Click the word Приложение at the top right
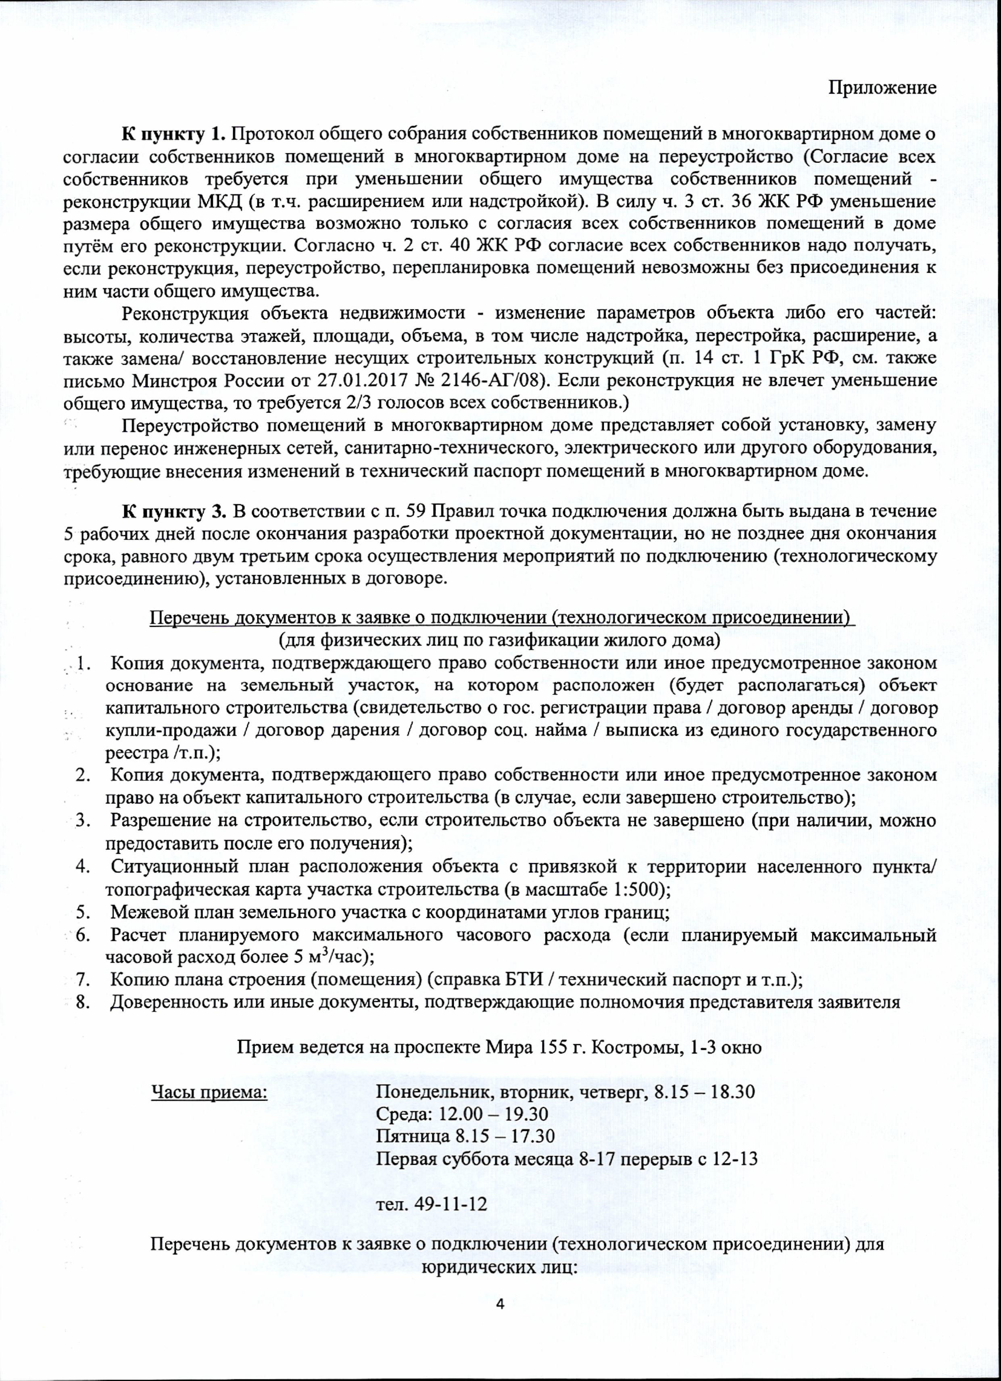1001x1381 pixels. [x=882, y=88]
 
